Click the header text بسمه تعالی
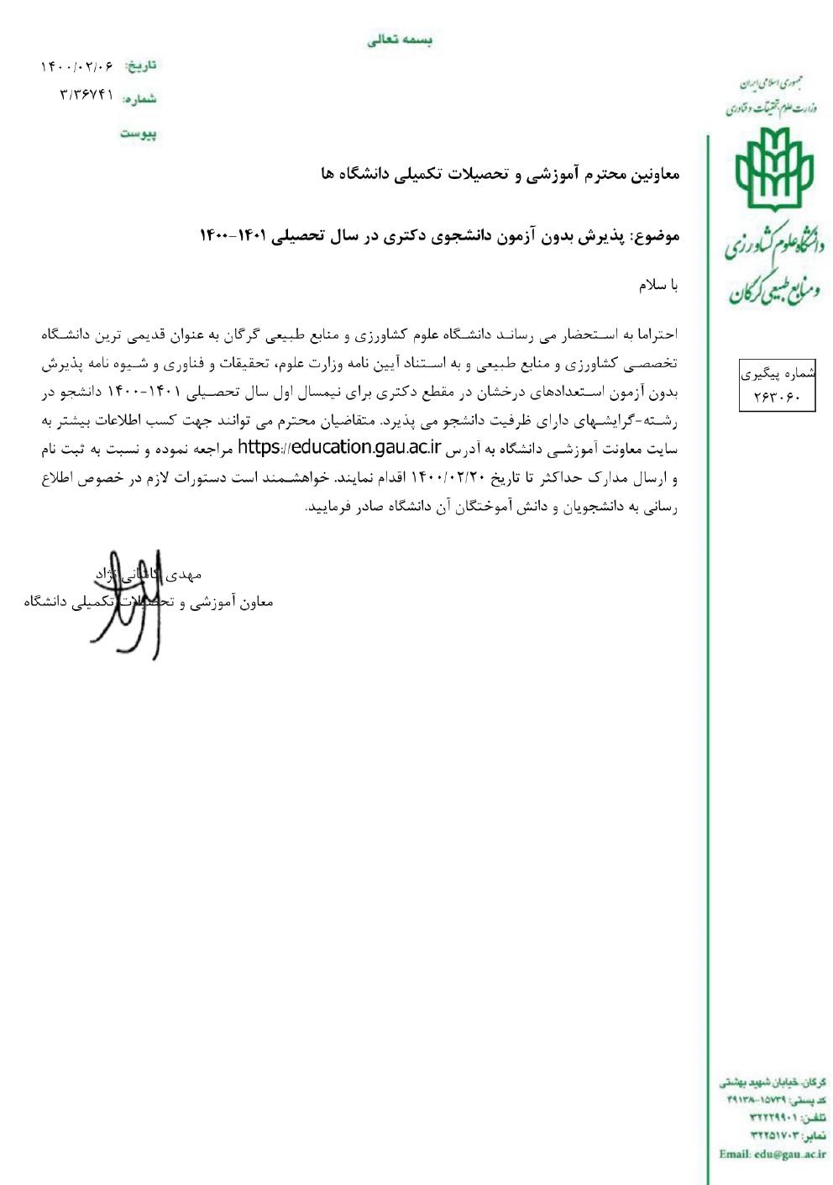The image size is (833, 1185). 400,40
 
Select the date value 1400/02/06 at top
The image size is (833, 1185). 76,66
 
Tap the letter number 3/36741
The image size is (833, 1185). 86,95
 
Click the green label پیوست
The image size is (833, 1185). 138,134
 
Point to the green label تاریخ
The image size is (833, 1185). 141,66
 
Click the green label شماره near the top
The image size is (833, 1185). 139,99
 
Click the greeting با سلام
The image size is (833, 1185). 657,285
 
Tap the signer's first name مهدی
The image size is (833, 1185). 186,575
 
